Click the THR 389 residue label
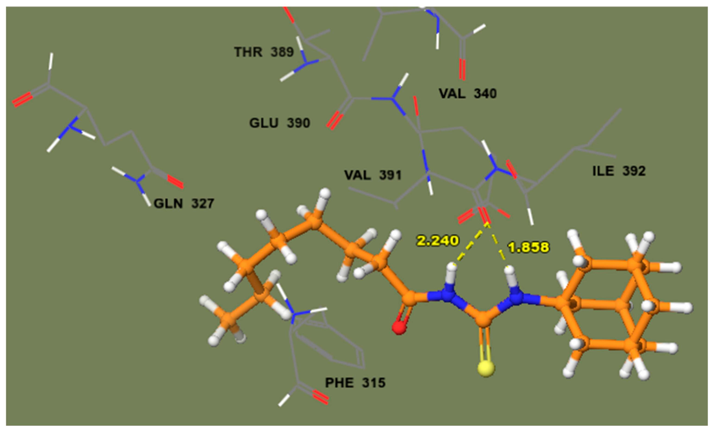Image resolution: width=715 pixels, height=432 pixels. point(264,52)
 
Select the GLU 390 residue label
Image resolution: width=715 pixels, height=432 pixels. point(279,123)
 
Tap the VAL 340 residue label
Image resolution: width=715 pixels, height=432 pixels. point(467,93)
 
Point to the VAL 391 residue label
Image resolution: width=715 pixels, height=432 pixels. point(373,175)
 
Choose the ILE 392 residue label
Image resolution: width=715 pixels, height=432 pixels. point(619,171)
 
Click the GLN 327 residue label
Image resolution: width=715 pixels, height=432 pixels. point(184,203)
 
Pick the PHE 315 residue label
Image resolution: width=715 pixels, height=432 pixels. point(355,383)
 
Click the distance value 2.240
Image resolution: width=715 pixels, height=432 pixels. point(438,240)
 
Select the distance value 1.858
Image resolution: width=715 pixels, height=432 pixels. point(528,247)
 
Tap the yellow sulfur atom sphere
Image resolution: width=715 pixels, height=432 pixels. point(486,369)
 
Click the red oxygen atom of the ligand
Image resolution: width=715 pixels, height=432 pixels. point(399,328)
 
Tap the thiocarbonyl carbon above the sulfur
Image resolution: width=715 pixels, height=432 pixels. point(483,319)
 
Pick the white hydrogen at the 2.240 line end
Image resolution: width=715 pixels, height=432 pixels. point(451,267)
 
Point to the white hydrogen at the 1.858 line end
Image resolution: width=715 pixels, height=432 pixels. point(509,270)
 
